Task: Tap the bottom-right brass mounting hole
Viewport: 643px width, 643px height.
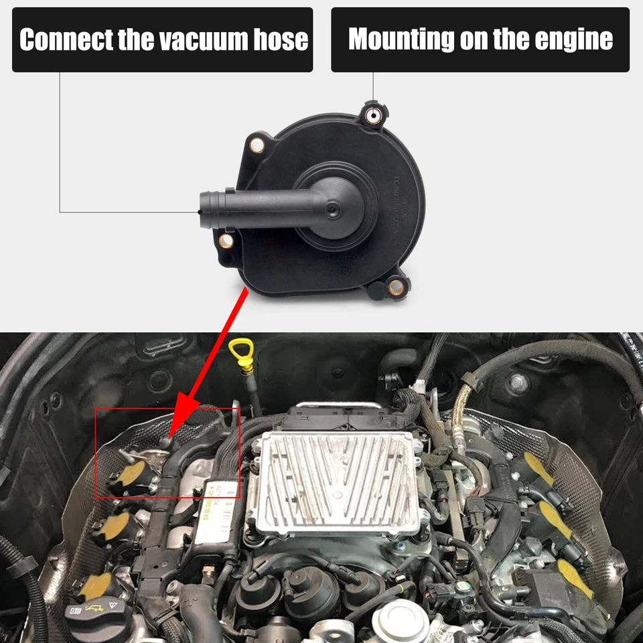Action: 396,287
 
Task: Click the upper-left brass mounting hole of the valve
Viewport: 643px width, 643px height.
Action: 256,143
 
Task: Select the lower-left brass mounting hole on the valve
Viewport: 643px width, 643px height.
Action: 226,240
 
